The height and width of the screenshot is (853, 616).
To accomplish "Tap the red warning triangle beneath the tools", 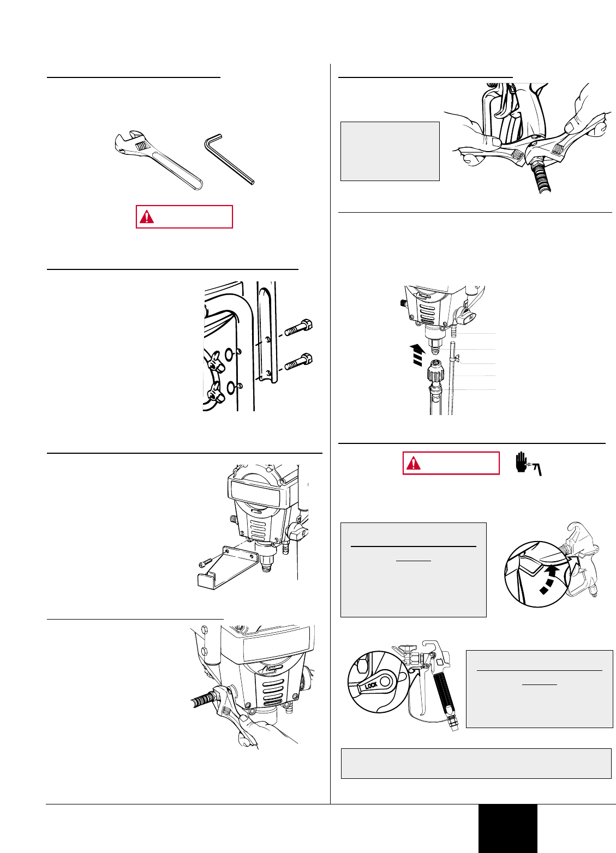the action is [147, 217].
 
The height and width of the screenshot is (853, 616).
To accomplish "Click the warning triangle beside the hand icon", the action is [414, 464].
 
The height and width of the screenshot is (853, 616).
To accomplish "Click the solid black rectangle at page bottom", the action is [507, 828].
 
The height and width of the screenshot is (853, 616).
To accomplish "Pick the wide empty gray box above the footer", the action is [476, 763].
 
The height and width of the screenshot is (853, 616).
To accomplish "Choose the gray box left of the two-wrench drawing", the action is [390, 151].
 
